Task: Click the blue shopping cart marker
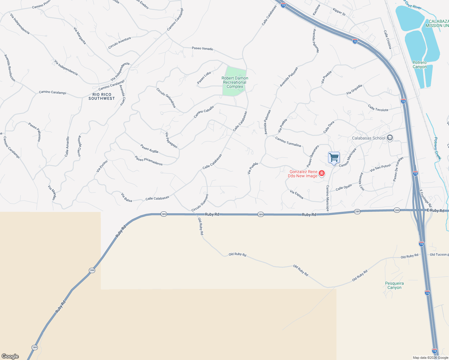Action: point(334,157)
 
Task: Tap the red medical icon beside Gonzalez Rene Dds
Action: point(322,173)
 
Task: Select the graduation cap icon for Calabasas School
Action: point(390,138)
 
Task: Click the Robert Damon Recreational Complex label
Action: point(235,82)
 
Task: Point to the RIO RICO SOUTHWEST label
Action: point(102,96)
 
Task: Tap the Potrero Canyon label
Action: point(419,65)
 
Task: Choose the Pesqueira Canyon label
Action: point(394,285)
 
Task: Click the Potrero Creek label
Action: point(438,148)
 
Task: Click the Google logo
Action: point(10,356)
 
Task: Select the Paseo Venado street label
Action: point(202,48)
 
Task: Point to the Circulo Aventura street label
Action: point(119,43)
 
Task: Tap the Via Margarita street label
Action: point(80,36)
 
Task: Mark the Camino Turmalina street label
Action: point(288,142)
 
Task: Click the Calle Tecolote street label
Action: point(378,108)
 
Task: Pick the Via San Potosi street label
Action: point(380,168)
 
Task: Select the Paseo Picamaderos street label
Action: point(149,160)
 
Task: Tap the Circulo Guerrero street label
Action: point(200,203)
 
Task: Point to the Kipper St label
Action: point(339,12)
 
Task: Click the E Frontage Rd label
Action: point(425,198)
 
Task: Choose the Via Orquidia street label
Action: point(354,89)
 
